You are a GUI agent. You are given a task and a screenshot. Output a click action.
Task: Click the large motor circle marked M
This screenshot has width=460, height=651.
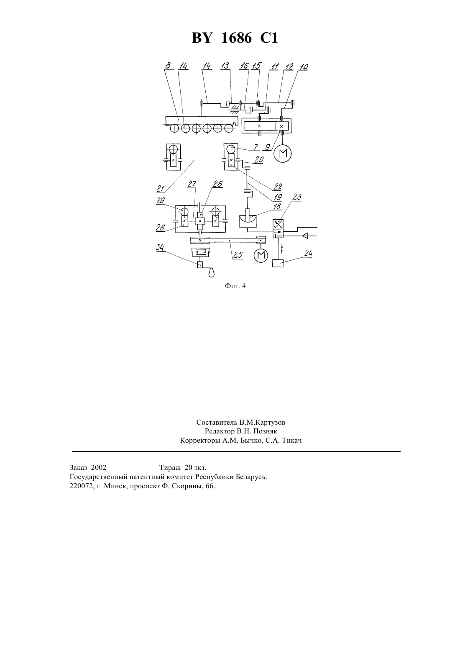[283, 153]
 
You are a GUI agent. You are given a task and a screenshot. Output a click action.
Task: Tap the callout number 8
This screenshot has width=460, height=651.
[168, 66]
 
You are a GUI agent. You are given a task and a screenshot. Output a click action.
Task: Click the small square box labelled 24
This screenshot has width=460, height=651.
[278, 263]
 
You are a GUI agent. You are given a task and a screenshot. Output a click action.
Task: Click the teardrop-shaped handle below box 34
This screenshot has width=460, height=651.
[212, 272]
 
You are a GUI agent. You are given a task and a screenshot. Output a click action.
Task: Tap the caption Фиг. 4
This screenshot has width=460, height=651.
[235, 286]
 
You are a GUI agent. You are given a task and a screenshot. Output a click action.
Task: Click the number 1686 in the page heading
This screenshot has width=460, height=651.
[236, 38]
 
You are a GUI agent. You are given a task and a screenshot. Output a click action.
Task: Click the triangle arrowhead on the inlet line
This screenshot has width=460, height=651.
[305, 236]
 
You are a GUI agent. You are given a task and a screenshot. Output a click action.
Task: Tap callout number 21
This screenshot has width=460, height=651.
[160, 189]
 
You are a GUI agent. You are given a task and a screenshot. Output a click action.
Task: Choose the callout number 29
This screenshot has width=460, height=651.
[161, 201]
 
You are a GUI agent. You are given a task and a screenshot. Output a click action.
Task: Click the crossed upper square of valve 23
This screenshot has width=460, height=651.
[278, 224]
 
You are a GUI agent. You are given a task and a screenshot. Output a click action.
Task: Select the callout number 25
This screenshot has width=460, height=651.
[238, 255]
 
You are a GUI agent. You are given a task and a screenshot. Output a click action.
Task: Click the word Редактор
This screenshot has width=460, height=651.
[219, 431]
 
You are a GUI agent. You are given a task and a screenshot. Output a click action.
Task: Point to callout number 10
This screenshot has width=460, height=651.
[304, 67]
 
